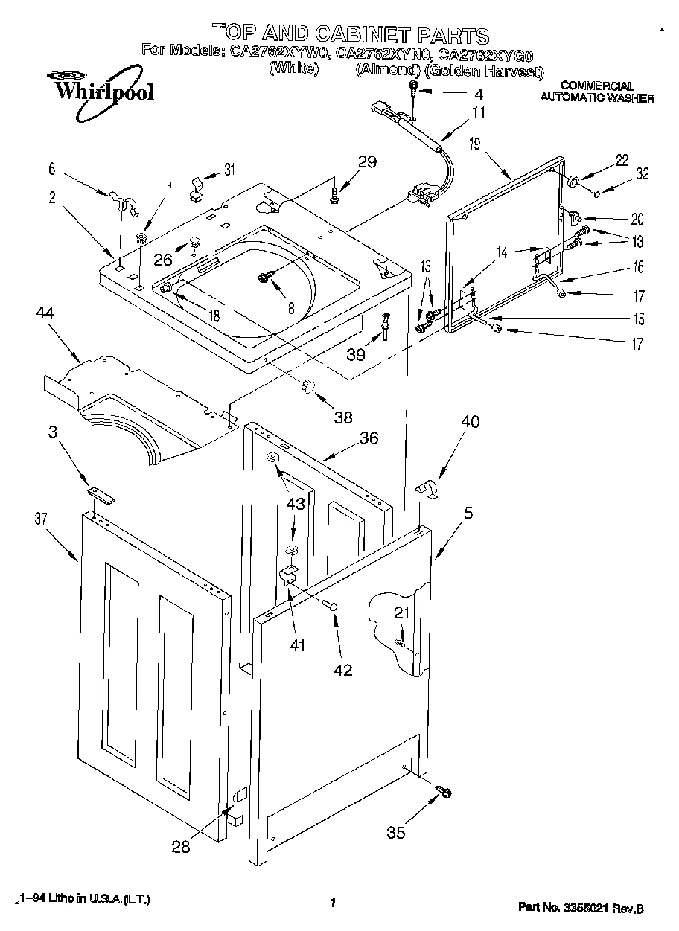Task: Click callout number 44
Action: (46, 314)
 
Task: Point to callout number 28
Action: (181, 846)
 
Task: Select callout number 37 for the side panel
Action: (41, 519)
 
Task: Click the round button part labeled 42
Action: (333, 607)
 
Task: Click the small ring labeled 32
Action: (599, 194)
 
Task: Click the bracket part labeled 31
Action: (197, 185)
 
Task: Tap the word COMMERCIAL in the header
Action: (596, 86)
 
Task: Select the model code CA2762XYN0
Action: (383, 54)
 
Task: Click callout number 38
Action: (342, 417)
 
